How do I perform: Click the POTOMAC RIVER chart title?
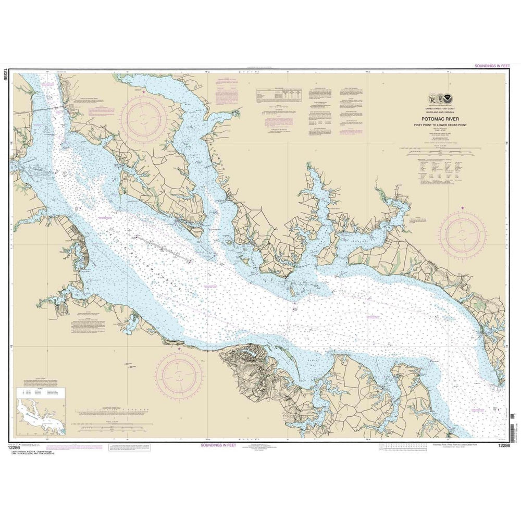click(441, 118)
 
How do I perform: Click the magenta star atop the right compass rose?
click(463, 209)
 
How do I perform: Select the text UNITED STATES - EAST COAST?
click(441, 108)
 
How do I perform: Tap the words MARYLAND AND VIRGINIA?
click(441, 111)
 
